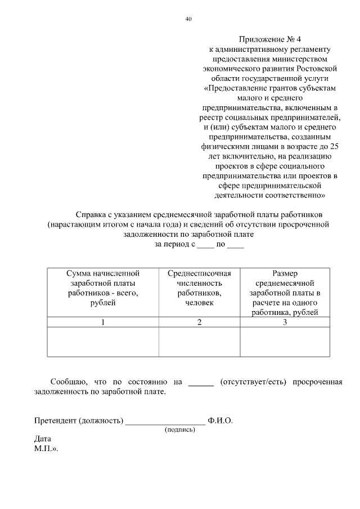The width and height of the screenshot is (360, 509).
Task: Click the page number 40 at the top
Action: (x=188, y=19)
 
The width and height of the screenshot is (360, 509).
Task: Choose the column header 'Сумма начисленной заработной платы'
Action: (x=103, y=288)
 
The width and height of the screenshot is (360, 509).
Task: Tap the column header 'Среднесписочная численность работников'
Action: (x=200, y=288)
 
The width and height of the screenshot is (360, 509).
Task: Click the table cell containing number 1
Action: (x=103, y=322)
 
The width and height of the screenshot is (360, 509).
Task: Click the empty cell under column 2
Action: (x=200, y=342)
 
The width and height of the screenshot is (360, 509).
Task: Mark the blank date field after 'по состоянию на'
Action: (x=201, y=383)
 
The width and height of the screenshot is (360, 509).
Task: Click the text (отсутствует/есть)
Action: (x=253, y=382)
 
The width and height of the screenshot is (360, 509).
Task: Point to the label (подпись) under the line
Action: (x=180, y=430)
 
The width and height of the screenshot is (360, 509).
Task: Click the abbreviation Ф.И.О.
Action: (x=220, y=421)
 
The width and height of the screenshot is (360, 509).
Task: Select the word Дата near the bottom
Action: (x=42, y=439)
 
